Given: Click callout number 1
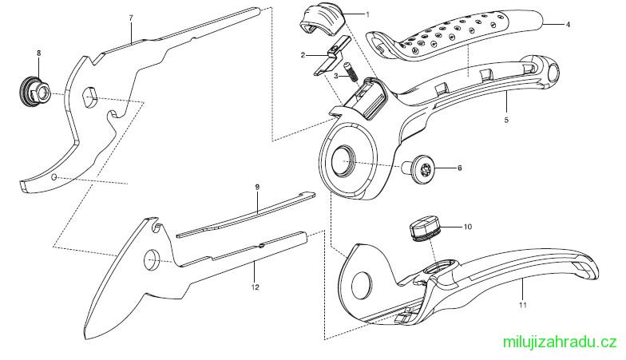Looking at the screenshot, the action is [367, 14].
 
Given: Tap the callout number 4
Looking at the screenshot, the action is [567, 25].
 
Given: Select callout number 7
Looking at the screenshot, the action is [131, 18].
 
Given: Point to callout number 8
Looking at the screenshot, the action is [38, 53].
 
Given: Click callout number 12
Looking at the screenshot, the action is [256, 287].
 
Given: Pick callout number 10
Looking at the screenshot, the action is [468, 227].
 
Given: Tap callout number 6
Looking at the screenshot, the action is [460, 168].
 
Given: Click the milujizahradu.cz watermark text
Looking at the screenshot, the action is [560, 342].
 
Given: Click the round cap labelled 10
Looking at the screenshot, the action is [425, 228].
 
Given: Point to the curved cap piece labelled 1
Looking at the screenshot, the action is [321, 20].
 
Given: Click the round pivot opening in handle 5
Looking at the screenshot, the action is [343, 160].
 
